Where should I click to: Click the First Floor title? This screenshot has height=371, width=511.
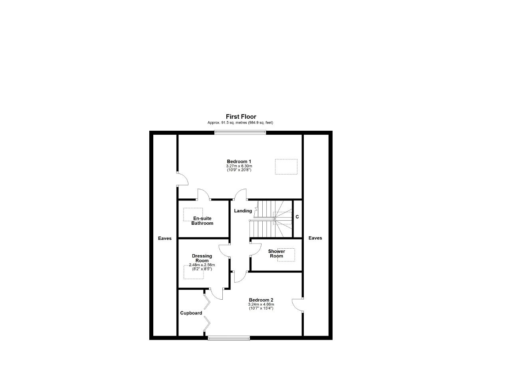pyautogui.click(x=241, y=117)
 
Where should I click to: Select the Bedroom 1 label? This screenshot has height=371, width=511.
pyautogui.click(x=239, y=161)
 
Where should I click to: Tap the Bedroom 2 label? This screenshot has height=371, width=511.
pyautogui.click(x=261, y=300)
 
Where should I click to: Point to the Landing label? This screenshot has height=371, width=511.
pyautogui.click(x=243, y=211)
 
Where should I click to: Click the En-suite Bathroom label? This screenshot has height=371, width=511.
pyautogui.click(x=202, y=221)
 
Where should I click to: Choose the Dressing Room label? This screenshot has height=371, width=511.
pyautogui.click(x=202, y=258)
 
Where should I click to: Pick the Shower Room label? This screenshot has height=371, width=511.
pyautogui.click(x=277, y=253)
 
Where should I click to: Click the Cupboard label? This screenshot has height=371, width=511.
pyautogui.click(x=191, y=313)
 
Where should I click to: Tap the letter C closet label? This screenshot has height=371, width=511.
pyautogui.click(x=297, y=217)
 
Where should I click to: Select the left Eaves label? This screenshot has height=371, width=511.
pyautogui.click(x=165, y=238)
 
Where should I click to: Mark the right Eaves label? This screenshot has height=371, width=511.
pyautogui.click(x=315, y=238)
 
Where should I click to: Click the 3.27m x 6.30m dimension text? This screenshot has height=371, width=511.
pyautogui.click(x=239, y=166)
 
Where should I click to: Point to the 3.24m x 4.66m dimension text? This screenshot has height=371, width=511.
pyautogui.click(x=261, y=304)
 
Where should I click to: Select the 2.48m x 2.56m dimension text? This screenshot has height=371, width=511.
pyautogui.click(x=202, y=265)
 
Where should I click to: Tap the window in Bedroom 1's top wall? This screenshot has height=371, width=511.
pyautogui.click(x=240, y=132)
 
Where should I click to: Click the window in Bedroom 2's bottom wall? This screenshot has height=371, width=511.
pyautogui.click(x=229, y=338)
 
